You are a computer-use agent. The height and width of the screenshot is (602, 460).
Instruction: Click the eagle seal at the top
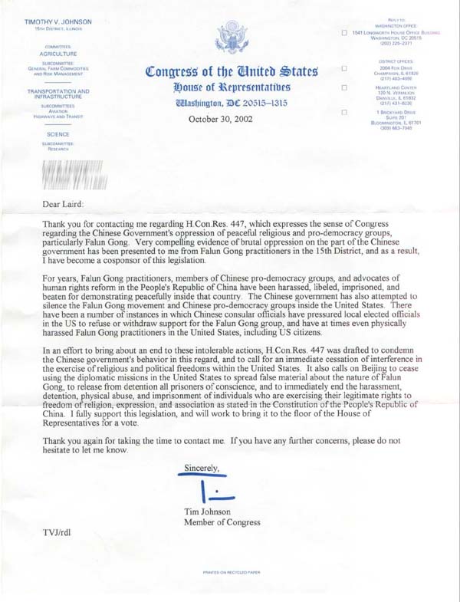click(230, 36)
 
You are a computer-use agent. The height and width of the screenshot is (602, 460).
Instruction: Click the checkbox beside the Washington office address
click(345, 33)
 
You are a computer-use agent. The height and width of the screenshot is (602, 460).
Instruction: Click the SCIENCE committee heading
click(59, 133)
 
